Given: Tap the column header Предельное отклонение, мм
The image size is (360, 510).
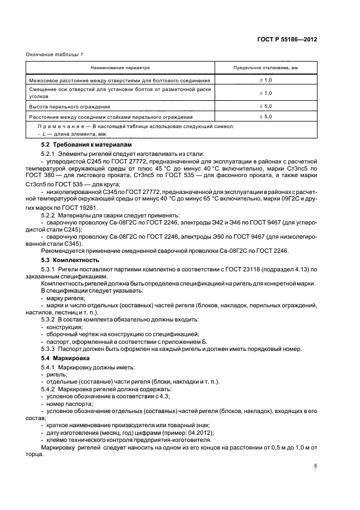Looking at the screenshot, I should click(x=266, y=68).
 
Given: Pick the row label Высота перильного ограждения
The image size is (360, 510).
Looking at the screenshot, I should click(x=70, y=107).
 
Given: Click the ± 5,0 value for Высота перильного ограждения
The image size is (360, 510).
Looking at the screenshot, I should click(x=265, y=107).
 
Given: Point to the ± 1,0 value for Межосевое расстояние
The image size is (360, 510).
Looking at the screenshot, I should click(x=265, y=80).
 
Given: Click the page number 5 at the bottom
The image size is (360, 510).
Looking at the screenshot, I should click(x=315, y=466).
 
